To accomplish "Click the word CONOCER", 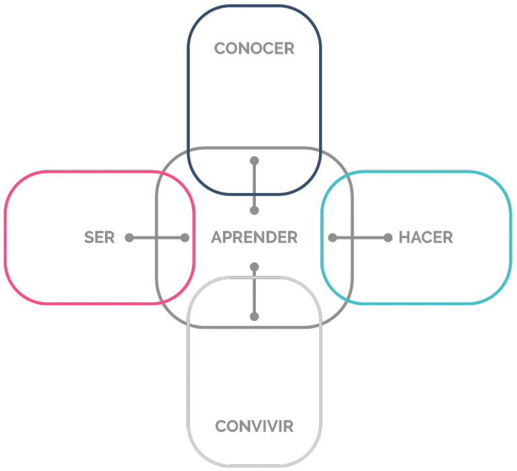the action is point(254,48).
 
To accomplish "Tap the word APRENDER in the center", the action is point(254,238).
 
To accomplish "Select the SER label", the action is point(99,238).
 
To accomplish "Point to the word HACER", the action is point(425,238).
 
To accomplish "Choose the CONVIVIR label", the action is point(254,426).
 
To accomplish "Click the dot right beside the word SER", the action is point(129,238).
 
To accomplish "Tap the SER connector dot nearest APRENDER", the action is point(185,238).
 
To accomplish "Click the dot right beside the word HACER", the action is point(388,238).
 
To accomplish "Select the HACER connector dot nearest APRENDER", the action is point(333,238).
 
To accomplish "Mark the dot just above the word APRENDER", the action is point(254,211).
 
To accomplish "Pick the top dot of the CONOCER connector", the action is point(254,161).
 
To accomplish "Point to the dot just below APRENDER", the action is point(254,266).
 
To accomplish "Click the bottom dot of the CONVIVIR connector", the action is point(254,316).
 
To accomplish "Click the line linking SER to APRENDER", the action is point(158,238).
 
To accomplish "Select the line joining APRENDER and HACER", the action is point(360,238).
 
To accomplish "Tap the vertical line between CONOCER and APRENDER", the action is point(254,186).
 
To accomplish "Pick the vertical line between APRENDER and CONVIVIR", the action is point(254,292).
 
